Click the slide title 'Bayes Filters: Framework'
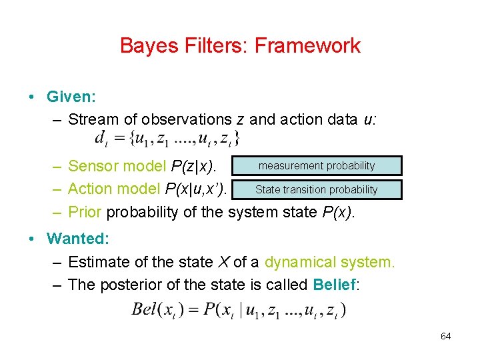(240, 45)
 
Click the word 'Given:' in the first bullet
(71, 97)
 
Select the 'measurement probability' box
(317, 166)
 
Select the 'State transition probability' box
(317, 189)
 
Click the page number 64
(445, 336)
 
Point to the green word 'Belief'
(334, 285)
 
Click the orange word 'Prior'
(85, 213)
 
